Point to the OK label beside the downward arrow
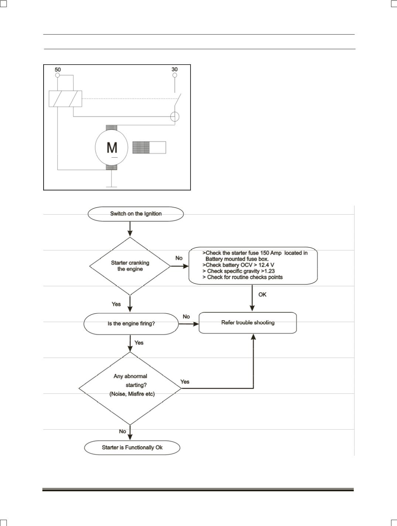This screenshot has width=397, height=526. [262, 294]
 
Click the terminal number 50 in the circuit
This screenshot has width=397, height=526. [58, 69]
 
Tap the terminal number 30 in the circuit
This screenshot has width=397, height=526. [174, 69]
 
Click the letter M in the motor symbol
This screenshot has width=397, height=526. [112, 147]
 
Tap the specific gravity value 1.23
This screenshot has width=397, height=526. [269, 271]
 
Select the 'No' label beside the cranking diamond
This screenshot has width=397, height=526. [179, 258]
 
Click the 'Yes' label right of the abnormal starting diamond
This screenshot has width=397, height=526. [185, 382]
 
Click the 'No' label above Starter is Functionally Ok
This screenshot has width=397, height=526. [123, 431]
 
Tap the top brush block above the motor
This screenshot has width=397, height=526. [112, 127]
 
